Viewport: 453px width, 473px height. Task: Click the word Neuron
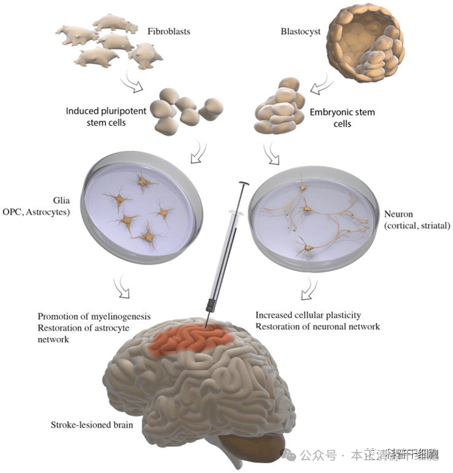(401, 214)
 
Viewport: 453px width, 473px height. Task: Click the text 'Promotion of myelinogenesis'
(94, 316)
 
